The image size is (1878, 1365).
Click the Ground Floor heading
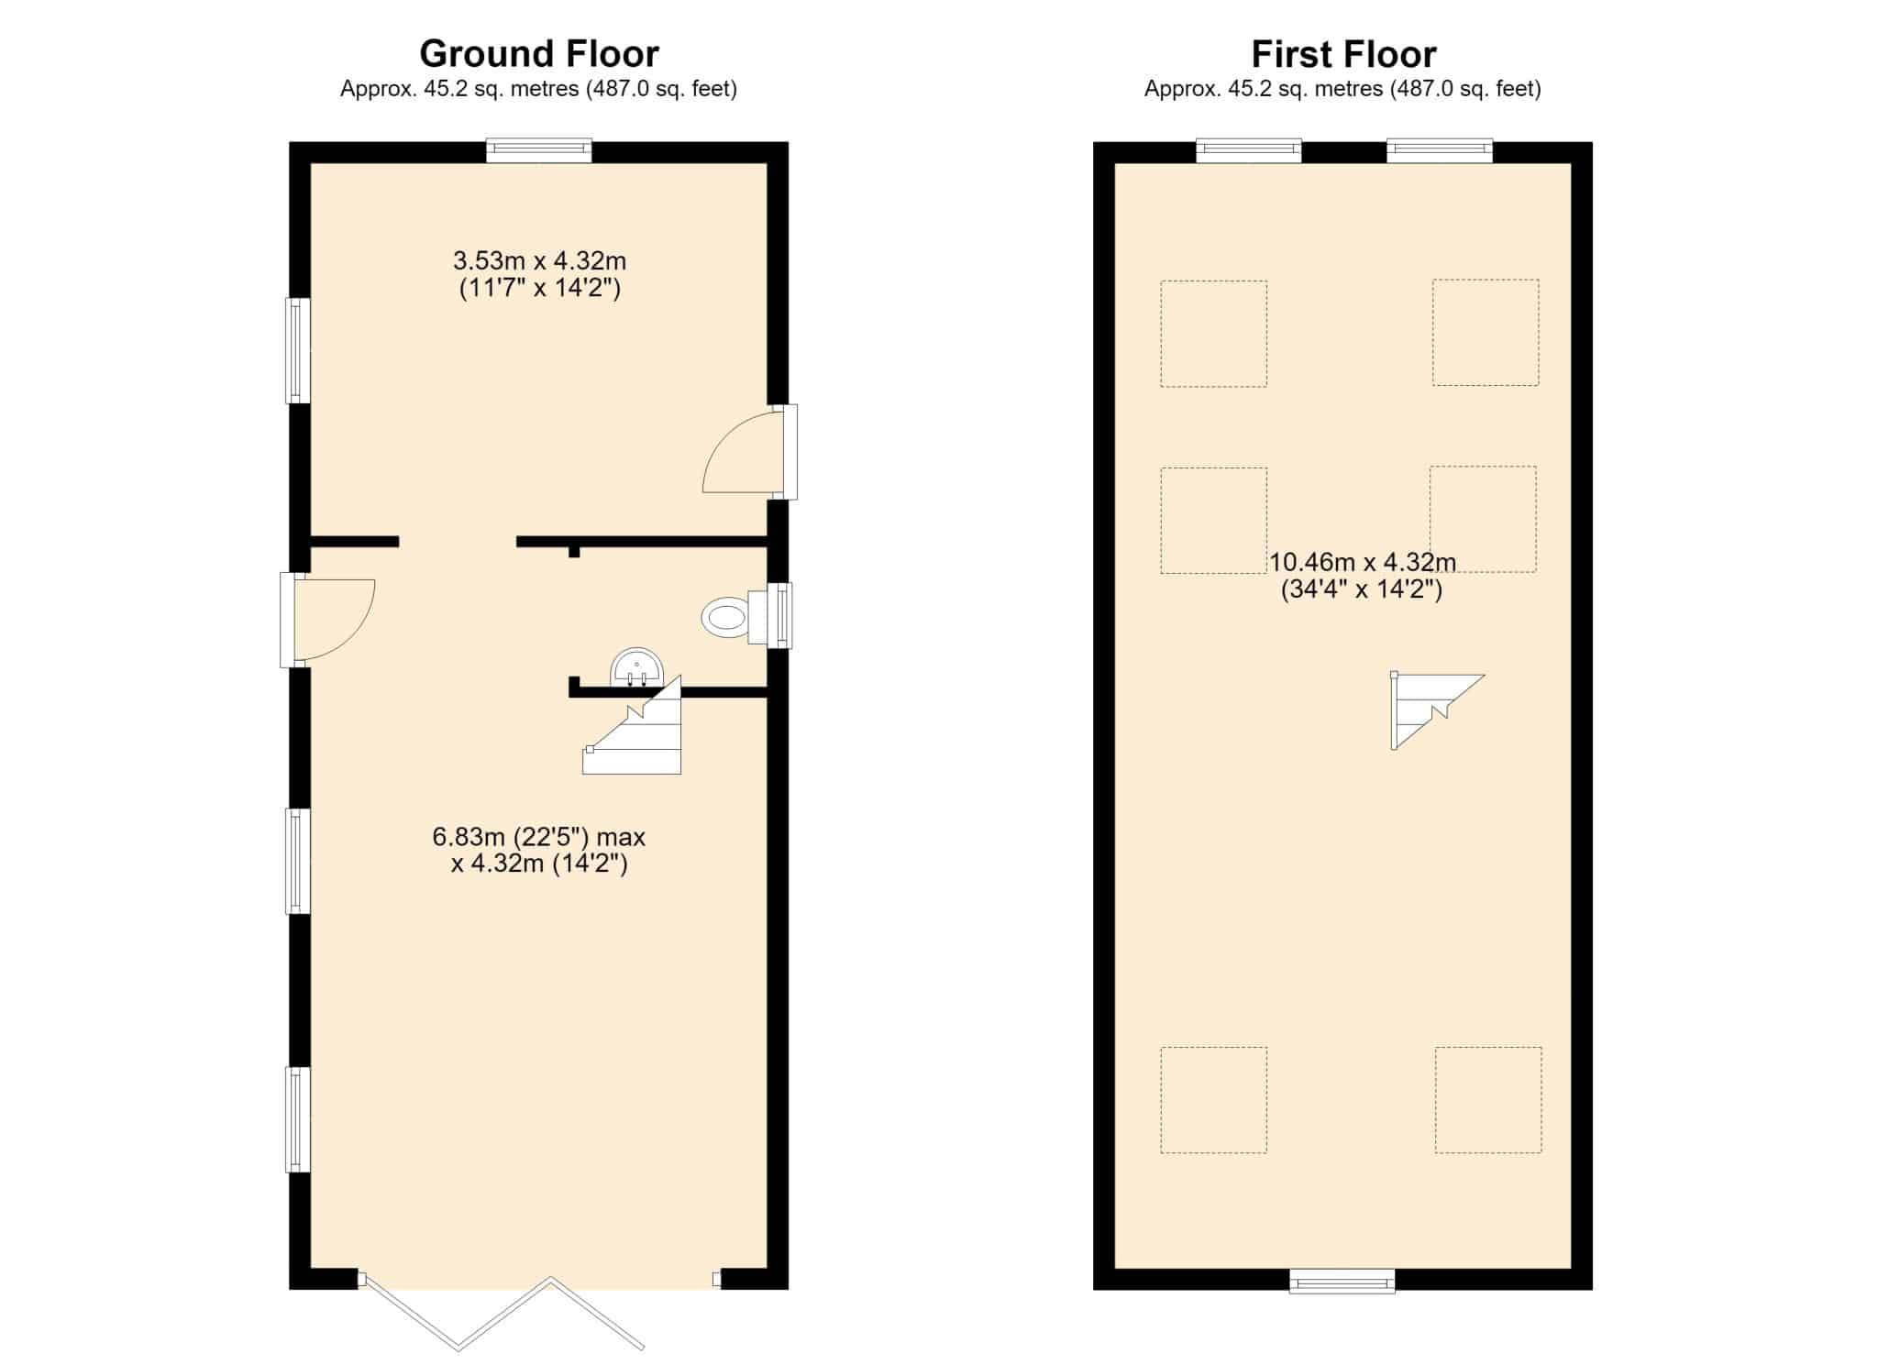click(539, 54)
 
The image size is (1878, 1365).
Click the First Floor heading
click(1343, 54)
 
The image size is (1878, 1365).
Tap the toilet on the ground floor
click(735, 618)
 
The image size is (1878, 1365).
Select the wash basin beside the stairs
click(636, 666)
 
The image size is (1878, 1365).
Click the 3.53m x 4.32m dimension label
click(540, 274)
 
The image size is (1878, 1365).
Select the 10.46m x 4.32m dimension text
click(1362, 575)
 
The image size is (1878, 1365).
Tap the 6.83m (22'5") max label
click(539, 837)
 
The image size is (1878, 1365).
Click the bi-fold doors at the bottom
click(503, 1313)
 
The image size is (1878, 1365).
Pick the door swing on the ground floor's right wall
click(743, 452)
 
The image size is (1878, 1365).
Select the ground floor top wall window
click(539, 150)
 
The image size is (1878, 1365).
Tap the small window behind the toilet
click(779, 616)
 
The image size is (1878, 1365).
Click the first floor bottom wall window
click(1342, 1281)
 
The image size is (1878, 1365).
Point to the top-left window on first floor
click(1249, 150)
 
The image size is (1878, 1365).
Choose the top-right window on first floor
click(1440, 150)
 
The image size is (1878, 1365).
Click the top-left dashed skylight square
click(1214, 334)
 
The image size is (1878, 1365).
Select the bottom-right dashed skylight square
click(1488, 1100)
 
